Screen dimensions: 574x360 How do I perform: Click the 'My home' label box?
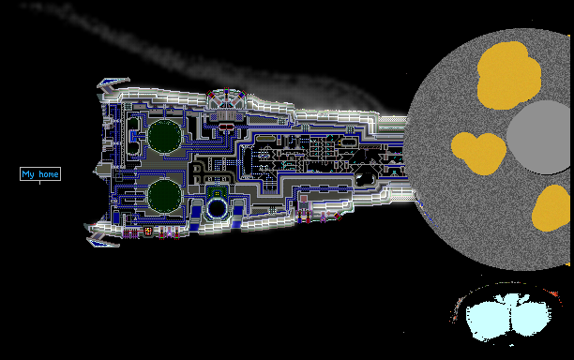point(40,173)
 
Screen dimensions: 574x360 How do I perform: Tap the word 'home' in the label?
point(49,173)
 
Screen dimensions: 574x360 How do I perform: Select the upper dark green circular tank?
point(165,136)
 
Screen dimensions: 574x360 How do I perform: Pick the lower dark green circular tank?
point(165,196)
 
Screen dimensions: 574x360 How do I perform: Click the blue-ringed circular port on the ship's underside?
point(217,208)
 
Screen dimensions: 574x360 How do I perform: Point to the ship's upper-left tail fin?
point(113,84)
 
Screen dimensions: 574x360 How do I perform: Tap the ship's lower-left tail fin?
point(103,241)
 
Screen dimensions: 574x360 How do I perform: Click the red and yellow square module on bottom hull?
point(148,232)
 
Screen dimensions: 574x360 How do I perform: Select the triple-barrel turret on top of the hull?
point(226,98)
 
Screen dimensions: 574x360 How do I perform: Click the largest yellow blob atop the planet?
point(509,75)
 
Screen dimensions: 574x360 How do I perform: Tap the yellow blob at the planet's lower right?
point(551,208)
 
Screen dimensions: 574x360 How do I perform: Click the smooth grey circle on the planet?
point(539,138)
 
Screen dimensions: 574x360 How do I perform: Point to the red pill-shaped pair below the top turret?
point(227,127)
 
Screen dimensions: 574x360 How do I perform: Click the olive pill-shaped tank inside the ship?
point(265,139)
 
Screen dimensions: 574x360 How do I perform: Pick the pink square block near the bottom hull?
point(304,200)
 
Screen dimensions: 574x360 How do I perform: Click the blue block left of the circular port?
point(197,213)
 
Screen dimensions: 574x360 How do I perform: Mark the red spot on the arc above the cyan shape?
point(554,293)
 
